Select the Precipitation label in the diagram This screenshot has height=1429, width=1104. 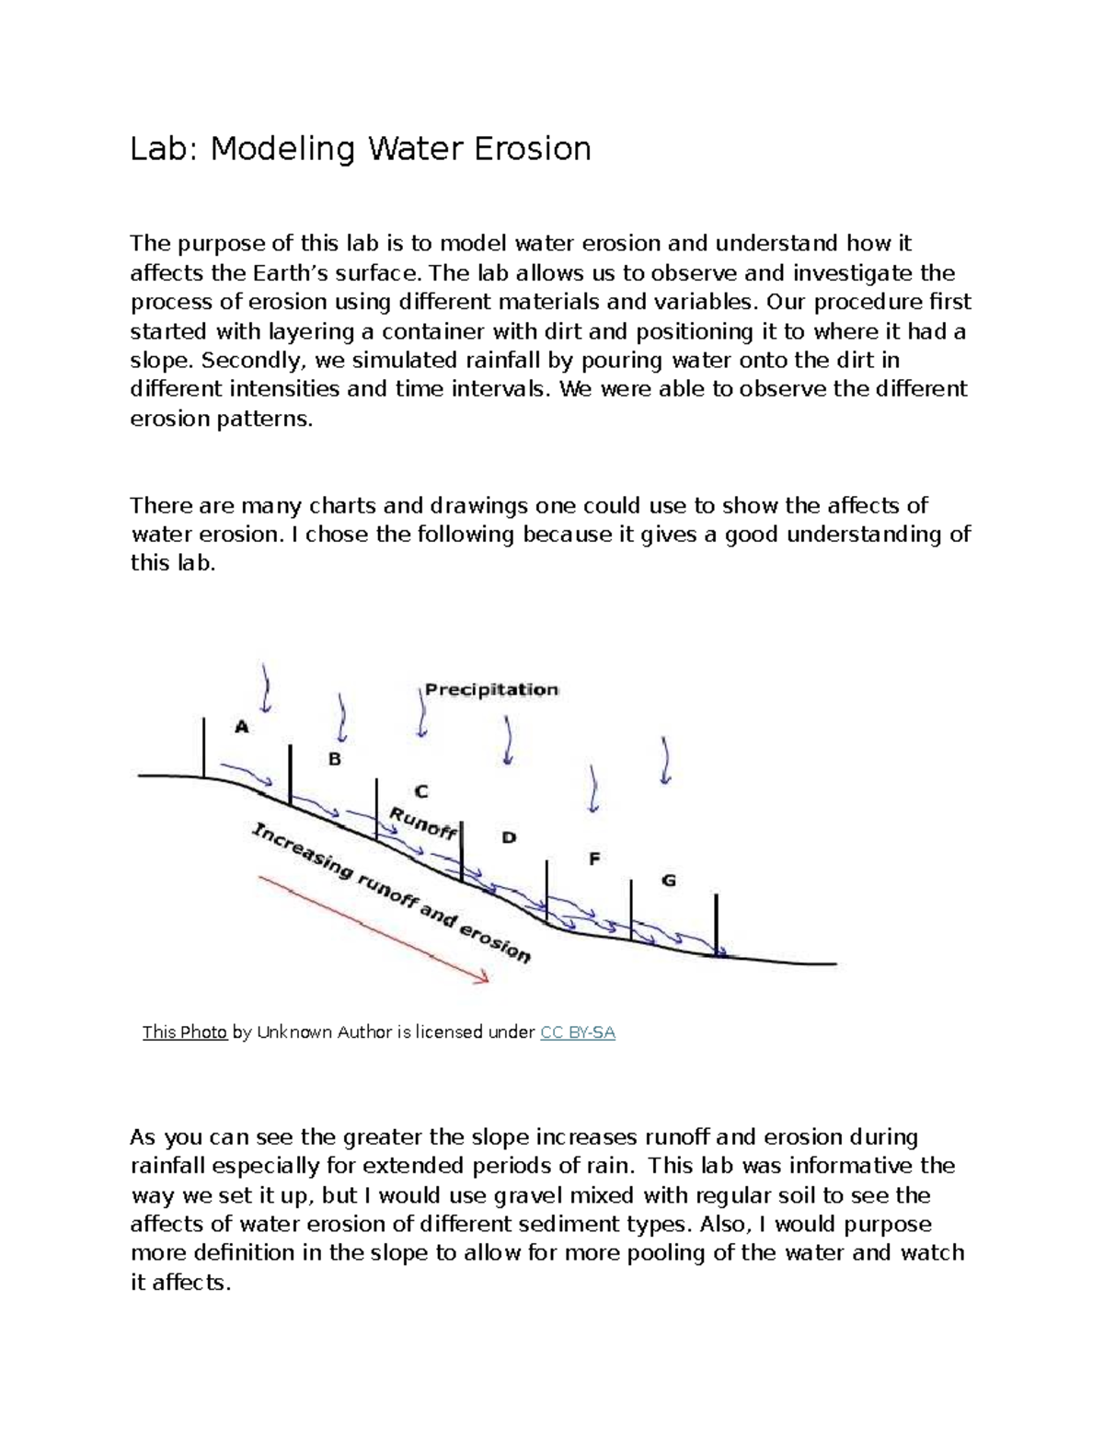coord(491,690)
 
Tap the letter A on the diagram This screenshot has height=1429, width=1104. coord(242,727)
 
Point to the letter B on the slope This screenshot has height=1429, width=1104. coord(335,759)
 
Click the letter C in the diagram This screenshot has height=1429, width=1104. coord(420,791)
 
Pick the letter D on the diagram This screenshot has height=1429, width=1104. coord(509,837)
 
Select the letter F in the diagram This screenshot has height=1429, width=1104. coord(594,859)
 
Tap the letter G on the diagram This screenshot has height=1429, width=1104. coord(669,881)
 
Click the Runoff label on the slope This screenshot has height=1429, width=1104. coord(423,823)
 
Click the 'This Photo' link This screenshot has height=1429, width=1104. coord(184,1032)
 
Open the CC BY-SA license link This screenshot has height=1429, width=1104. coord(578,1032)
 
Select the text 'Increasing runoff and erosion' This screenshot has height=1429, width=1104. coord(391,893)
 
